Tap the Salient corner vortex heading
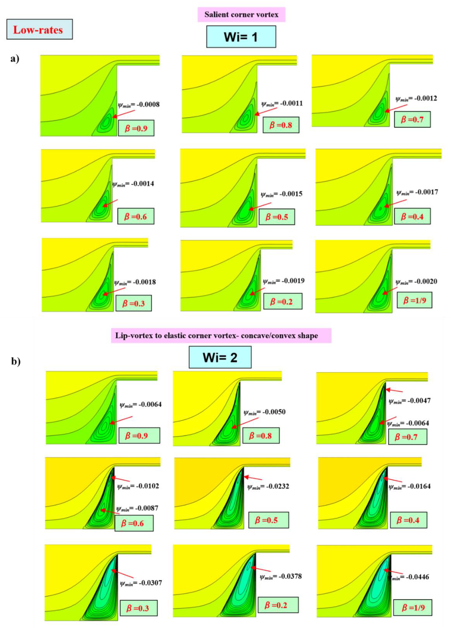tap(241, 15)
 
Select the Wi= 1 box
tap(241, 37)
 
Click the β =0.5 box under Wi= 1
tap(277, 217)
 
